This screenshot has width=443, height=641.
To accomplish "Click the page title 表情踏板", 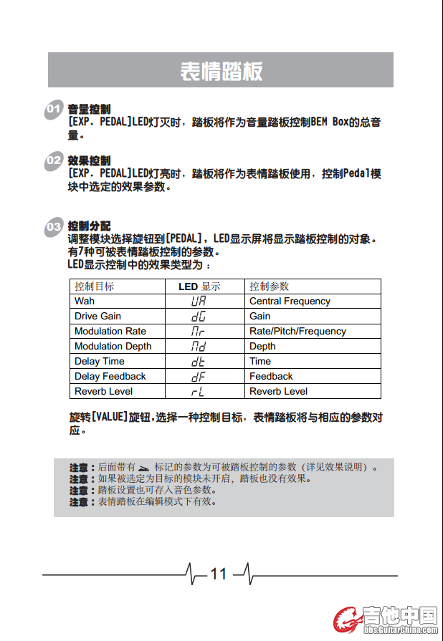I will point(221,71).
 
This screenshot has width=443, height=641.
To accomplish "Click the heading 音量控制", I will point(89,110).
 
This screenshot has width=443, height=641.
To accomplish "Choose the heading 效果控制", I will point(89,160).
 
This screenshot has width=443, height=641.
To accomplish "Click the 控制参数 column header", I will point(270,286).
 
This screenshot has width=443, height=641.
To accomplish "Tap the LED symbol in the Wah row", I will point(199,302).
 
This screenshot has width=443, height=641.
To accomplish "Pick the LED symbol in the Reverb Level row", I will point(199,392).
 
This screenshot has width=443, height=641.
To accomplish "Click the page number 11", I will point(218,574).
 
